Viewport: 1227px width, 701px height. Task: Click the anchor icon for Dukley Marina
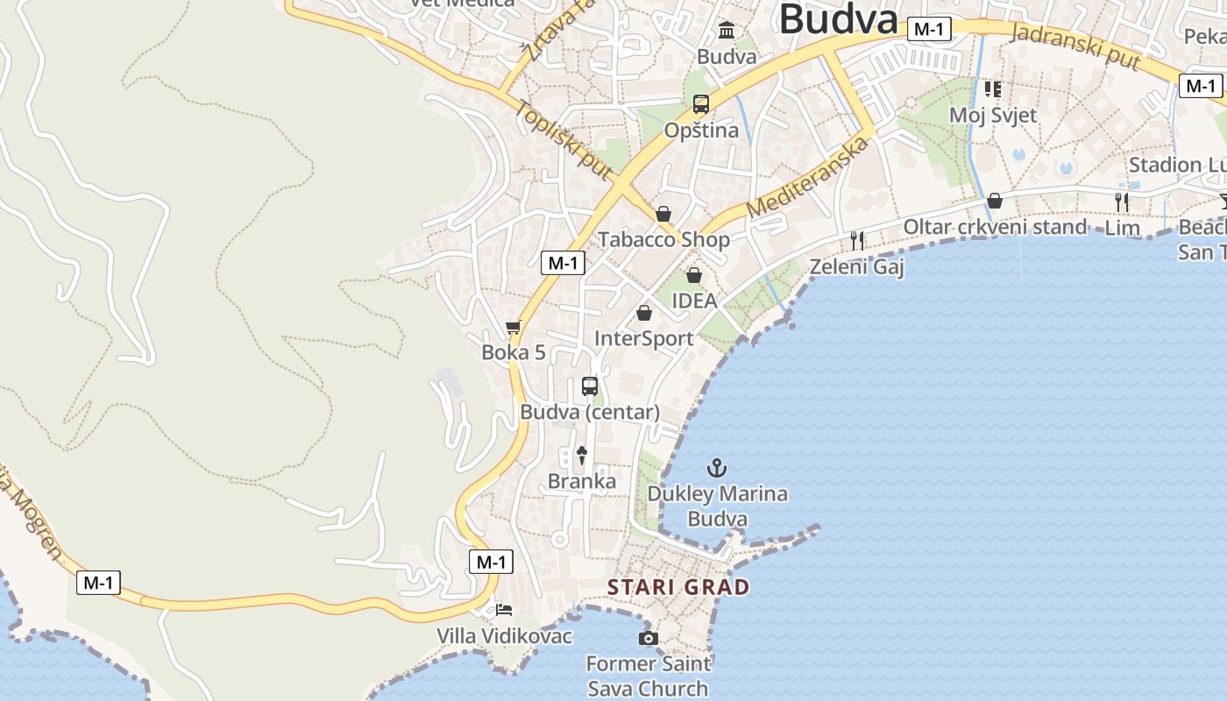tap(717, 468)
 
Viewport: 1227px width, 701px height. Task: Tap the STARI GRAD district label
tap(679, 587)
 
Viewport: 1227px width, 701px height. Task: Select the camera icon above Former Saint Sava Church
tap(648, 638)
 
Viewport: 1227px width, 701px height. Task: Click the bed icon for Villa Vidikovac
tap(503, 609)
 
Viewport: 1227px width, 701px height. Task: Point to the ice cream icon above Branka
tap(581, 455)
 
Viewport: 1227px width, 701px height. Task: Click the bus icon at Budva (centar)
tap(590, 386)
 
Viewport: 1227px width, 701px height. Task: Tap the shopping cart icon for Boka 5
tap(514, 328)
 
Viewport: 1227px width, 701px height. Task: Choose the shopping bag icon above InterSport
tap(644, 313)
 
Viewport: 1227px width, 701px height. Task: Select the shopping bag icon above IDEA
tap(694, 275)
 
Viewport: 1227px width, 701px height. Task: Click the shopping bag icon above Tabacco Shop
tap(663, 214)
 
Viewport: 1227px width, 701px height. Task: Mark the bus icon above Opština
tap(700, 104)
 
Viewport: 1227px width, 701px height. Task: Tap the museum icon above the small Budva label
tap(727, 32)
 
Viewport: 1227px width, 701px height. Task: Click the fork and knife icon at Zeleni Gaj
tap(857, 240)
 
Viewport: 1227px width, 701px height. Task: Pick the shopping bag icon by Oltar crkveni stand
tap(994, 201)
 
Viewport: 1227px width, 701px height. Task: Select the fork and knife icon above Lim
tap(1122, 202)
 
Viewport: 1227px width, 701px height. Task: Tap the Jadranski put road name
tap(1075, 46)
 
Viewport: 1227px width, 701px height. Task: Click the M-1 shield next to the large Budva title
tap(928, 29)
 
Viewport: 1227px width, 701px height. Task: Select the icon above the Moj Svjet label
tap(992, 89)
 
